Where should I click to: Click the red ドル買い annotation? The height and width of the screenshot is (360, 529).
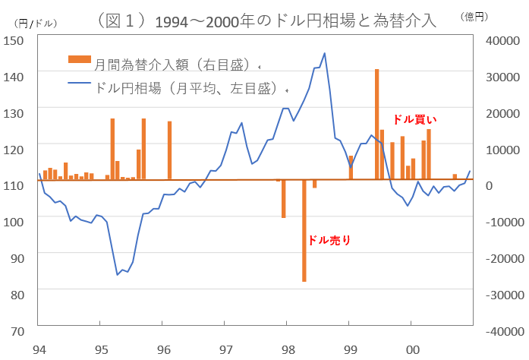coord(415,119)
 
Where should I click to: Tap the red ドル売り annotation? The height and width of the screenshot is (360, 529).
coord(329,240)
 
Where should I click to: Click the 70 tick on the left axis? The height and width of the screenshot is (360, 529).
coord(17,331)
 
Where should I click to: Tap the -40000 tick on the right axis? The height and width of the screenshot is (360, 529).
coord(502,332)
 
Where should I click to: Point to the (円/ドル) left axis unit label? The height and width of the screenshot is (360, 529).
coord(30,22)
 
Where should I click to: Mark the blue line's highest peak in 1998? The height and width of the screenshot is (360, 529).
coord(325,53)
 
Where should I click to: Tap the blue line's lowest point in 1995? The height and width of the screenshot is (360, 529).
coord(118,274)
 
